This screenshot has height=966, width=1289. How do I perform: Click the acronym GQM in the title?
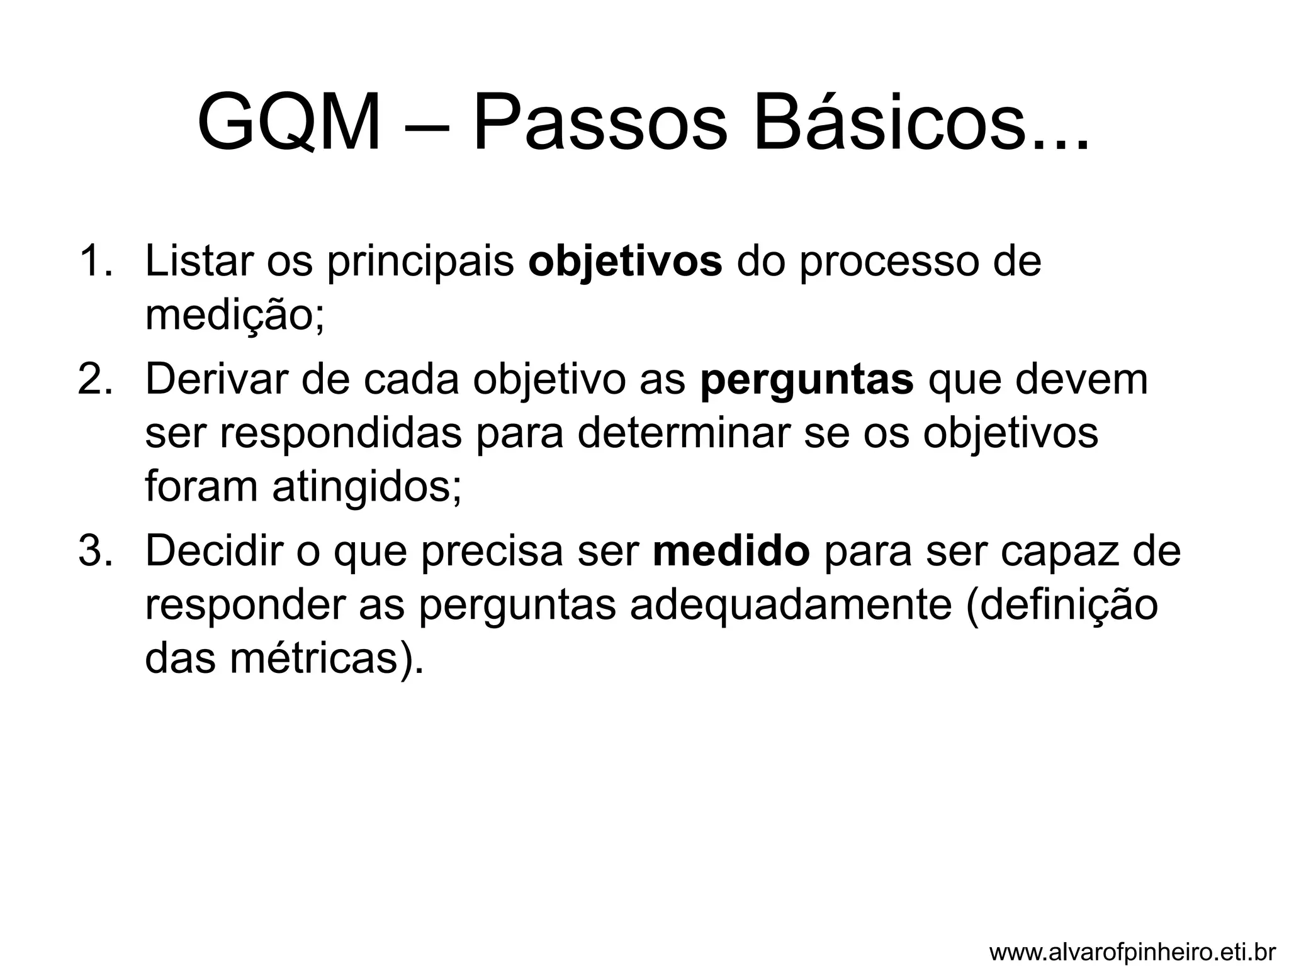(289, 122)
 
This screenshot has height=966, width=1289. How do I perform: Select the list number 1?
(95, 261)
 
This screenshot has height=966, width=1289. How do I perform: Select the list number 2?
(95, 379)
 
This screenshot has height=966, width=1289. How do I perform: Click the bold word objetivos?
(625, 262)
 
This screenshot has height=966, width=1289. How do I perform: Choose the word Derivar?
(215, 379)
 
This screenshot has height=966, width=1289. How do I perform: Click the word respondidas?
(341, 434)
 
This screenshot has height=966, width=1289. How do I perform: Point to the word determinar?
(682, 433)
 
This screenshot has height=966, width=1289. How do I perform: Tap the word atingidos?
(366, 488)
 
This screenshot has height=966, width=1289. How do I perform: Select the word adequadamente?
(791, 605)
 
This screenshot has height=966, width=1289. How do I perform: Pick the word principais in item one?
(420, 262)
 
